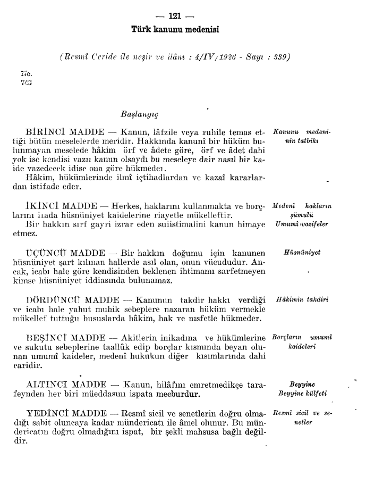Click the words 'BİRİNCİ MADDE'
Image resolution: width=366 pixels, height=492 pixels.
click(63, 131)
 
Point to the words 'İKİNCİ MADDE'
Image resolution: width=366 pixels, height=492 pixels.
click(62, 206)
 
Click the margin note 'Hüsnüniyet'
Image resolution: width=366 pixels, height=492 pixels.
click(301, 254)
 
